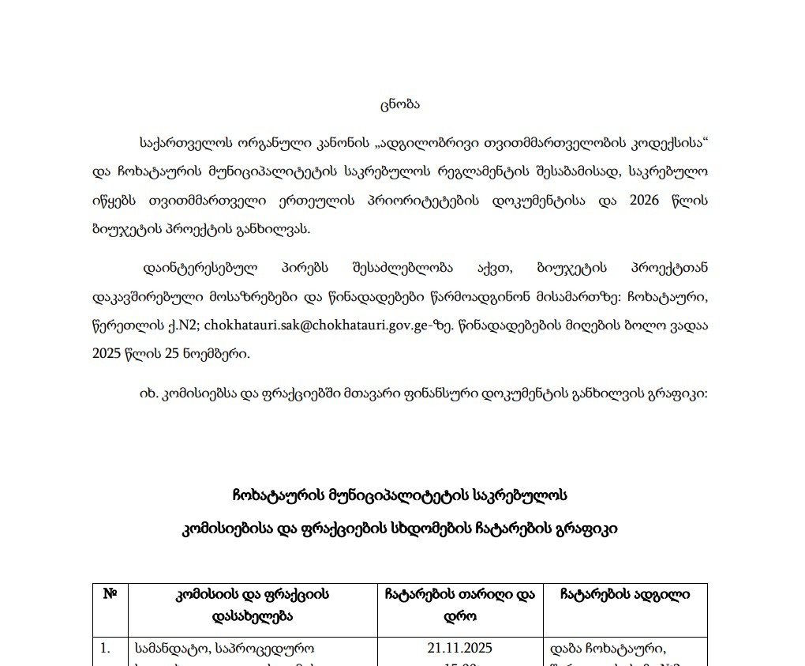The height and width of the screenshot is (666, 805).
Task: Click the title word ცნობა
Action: coord(399,103)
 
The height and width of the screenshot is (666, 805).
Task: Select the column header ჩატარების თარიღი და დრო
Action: coord(460,604)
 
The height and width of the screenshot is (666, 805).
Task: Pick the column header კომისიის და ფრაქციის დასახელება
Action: coord(253,604)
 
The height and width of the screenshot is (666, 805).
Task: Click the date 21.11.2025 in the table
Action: coord(460,648)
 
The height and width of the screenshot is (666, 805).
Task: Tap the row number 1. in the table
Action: coord(104,648)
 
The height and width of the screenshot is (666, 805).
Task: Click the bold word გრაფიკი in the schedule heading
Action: coord(584,529)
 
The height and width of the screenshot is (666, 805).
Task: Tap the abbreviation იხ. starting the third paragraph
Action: coord(148,393)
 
